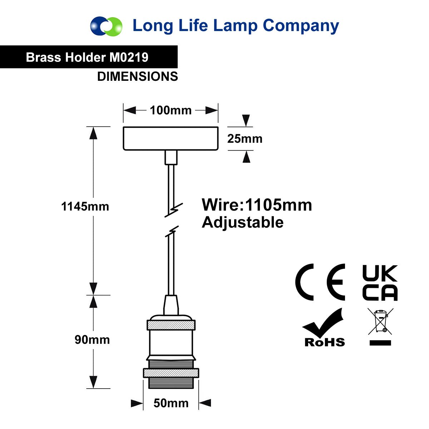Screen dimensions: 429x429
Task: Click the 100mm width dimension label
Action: [x=171, y=110]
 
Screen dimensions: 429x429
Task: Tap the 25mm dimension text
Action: [x=245, y=139]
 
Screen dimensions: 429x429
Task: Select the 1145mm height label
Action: [x=85, y=206]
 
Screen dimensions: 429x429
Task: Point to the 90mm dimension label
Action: [x=92, y=340]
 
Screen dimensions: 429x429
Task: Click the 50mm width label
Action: [x=171, y=403]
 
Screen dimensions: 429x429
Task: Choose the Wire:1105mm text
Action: [x=257, y=205]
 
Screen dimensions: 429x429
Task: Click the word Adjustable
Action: [x=242, y=223]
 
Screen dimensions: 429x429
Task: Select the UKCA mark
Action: [x=380, y=283]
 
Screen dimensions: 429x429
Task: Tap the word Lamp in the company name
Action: [x=235, y=26]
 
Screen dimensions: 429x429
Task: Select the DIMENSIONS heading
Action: [x=138, y=77]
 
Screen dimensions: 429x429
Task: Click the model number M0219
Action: [x=129, y=57]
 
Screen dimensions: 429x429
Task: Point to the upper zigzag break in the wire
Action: [x=174, y=210]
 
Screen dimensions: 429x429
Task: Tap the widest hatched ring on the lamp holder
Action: [x=171, y=373]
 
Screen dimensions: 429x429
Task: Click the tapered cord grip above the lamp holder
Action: [x=171, y=305]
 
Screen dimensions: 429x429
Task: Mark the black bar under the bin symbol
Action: [x=380, y=343]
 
